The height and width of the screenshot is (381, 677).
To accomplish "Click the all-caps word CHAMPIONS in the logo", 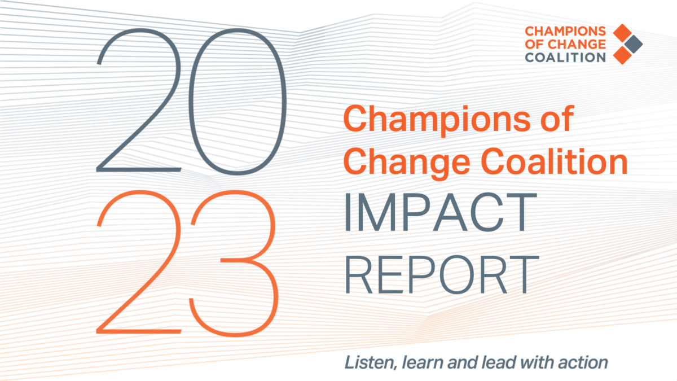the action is [x=565, y=31].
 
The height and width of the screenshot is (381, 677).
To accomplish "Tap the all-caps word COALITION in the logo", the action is [x=565, y=58].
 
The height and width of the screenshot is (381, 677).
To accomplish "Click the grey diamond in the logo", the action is [x=634, y=45].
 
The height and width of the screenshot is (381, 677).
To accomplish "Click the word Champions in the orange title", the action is [x=437, y=120].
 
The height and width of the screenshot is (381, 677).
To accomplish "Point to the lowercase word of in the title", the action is [x=557, y=118].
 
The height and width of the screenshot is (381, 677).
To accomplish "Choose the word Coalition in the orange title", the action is [x=553, y=161].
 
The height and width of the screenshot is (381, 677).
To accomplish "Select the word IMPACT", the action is [x=441, y=212].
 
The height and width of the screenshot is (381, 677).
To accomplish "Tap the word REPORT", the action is [x=442, y=274].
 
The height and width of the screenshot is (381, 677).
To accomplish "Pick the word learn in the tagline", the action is [x=422, y=362].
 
